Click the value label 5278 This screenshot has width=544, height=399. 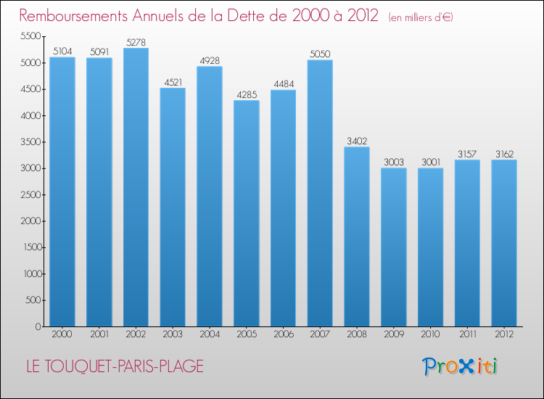136,43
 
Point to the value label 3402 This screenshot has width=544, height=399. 357,141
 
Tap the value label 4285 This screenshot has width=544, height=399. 246,95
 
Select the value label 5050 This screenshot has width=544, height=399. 320,54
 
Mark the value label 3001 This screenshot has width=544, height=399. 430,163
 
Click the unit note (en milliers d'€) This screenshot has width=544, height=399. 420,17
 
